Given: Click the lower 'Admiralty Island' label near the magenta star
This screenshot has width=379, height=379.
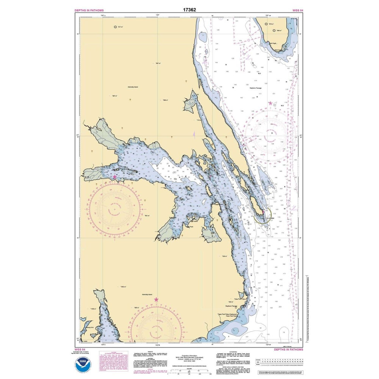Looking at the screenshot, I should click(x=149, y=294).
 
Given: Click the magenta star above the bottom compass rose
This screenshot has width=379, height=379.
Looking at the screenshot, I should click(x=156, y=299).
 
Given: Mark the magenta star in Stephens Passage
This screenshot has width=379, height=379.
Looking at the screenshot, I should click(x=270, y=103).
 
